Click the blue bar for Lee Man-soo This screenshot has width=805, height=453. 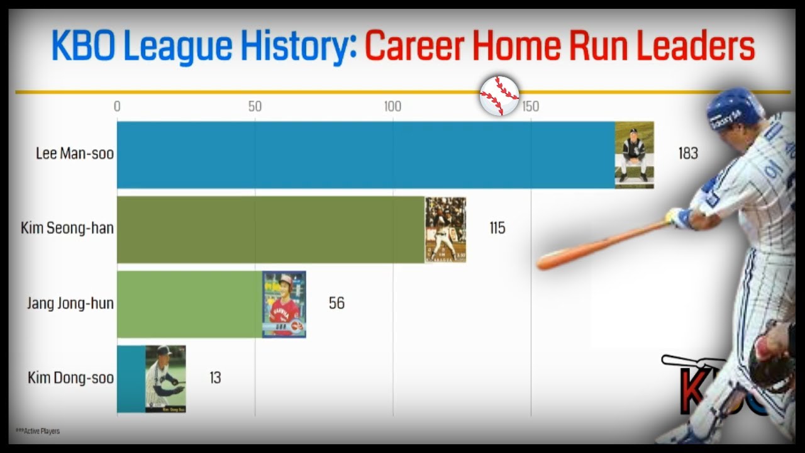pos(365,155)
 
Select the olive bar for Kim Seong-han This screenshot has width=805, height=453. pos(270,229)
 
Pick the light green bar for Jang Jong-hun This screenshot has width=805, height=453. pos(189,304)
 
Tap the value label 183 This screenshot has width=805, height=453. pos(688,154)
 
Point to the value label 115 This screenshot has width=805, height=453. pos(497,228)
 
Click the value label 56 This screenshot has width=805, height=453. pos(336,303)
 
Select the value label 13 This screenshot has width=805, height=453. pos(215,378)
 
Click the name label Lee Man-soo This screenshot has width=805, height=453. pos(74,154)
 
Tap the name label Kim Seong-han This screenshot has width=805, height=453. pos(67,228)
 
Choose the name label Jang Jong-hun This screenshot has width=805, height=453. pos(70,303)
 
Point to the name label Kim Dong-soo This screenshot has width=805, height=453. pos(70,378)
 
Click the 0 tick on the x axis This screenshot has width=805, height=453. pos(117,107)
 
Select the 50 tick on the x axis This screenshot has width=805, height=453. pos(255,107)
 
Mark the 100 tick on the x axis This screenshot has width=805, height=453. pos(392,107)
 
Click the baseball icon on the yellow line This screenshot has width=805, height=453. pos(499,96)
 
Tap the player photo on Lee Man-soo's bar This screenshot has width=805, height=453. pos(634,155)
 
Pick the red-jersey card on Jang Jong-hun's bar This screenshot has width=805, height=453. pos(284,304)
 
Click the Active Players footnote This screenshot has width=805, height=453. pos(38,431)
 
